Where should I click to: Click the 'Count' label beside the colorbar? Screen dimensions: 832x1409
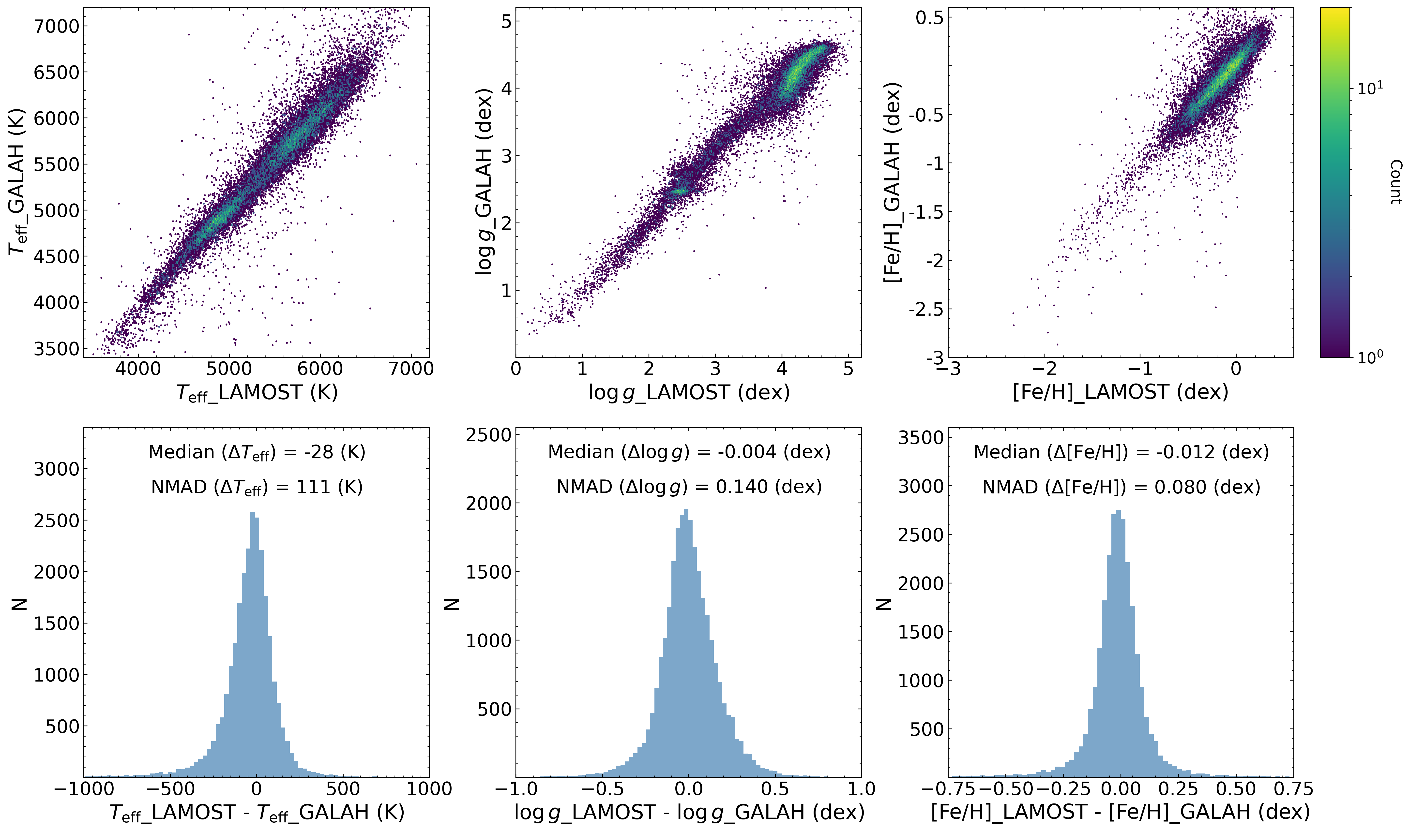point(1395,182)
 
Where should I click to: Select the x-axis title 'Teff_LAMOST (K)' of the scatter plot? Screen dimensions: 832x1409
point(257,392)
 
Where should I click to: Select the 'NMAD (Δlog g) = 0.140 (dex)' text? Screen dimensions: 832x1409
point(689,487)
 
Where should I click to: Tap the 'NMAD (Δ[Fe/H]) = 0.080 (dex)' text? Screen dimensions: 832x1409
point(1121,487)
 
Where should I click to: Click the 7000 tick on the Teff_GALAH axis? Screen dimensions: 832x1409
point(56,26)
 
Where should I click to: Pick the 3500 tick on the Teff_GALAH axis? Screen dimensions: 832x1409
point(56,349)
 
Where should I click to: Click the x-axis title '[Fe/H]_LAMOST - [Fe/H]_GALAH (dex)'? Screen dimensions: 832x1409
point(1121,812)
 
